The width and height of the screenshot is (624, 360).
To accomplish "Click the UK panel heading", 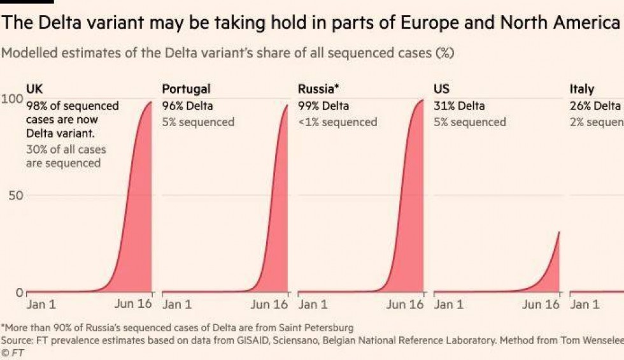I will pyautogui.click(x=34, y=89).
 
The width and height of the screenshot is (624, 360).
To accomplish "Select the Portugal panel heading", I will pyautogui.click(x=186, y=89).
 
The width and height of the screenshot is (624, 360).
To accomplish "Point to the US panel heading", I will pyautogui.click(x=441, y=89).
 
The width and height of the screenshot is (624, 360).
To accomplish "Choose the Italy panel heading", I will pyautogui.click(x=581, y=89).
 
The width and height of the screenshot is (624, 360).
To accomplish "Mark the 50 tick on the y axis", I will pyautogui.click(x=15, y=195).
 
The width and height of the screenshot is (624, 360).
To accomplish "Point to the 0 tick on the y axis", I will pyautogui.click(x=19, y=292).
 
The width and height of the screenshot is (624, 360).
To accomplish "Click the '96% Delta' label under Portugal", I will pyautogui.click(x=188, y=106).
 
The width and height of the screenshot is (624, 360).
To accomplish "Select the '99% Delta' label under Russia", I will pyautogui.click(x=323, y=106).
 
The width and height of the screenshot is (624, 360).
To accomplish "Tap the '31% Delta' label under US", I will pyautogui.click(x=459, y=106).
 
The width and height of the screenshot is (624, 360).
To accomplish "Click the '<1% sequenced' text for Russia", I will pyautogui.click(x=337, y=122).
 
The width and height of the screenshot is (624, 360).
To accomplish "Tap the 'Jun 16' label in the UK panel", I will pyautogui.click(x=133, y=304).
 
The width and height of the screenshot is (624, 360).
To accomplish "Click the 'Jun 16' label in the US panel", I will pyautogui.click(x=541, y=305).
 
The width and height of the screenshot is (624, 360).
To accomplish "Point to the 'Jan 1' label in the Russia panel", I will pyautogui.click(x=313, y=305).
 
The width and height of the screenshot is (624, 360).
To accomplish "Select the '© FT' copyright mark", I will pyautogui.click(x=13, y=352).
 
